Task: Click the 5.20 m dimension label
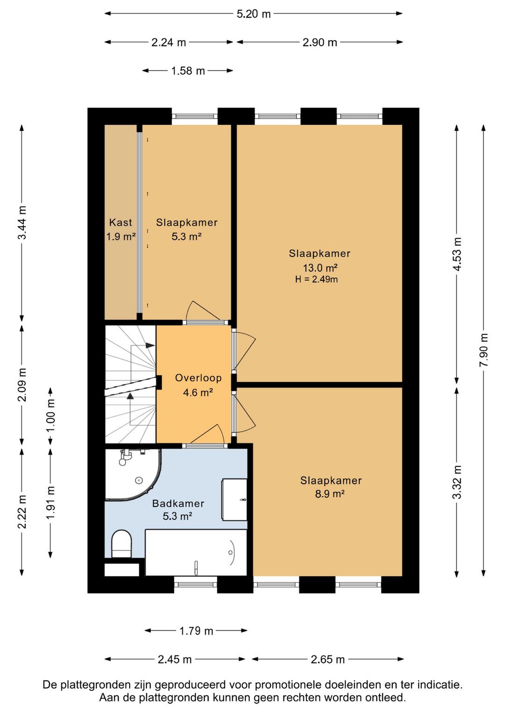point(253,14)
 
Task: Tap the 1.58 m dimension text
point(188,71)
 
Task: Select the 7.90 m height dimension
point(483,350)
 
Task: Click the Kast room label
point(121,222)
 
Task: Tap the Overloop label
point(198,378)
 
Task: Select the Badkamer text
point(178,503)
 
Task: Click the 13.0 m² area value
point(320,268)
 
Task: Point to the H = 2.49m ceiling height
point(317,279)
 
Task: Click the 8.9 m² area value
point(330,494)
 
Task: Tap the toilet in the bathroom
point(122,543)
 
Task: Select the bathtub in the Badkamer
point(196,552)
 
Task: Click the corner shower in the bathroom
point(133,474)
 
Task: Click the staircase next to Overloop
point(130,384)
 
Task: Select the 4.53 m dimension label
point(457,254)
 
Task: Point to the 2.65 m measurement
point(327,659)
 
